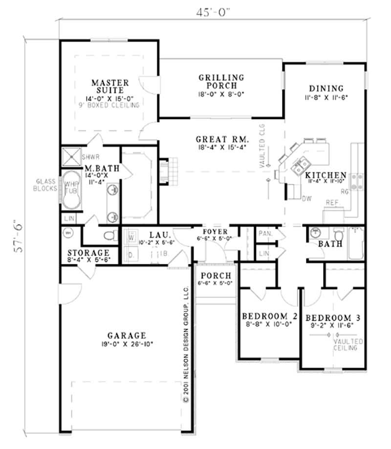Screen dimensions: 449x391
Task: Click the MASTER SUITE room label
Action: pos(110,86)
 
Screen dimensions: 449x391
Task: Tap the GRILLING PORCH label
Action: pos(221,81)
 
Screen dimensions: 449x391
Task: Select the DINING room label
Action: pos(326,89)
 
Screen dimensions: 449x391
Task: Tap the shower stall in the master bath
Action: pos(71,157)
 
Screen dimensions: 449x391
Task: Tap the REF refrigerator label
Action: pos(333,202)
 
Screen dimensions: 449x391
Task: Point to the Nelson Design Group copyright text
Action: pos(186,348)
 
